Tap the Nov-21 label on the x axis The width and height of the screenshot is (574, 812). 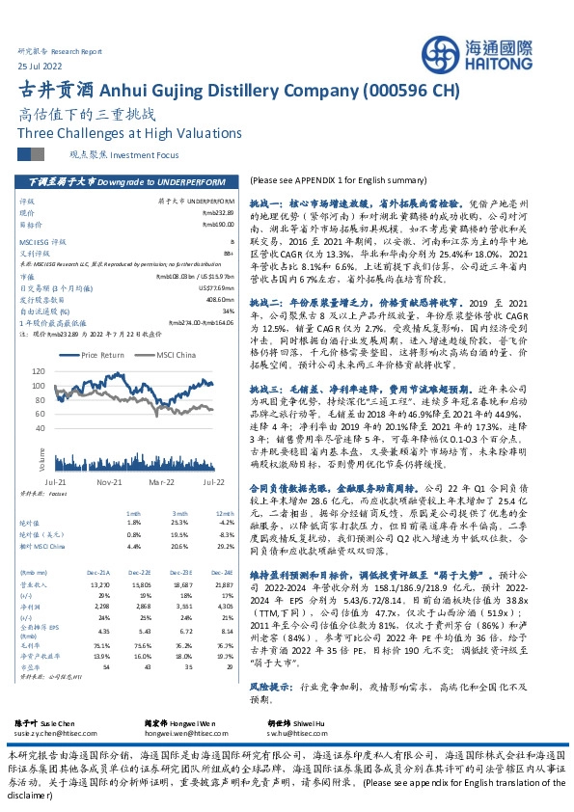tap(108, 479)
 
